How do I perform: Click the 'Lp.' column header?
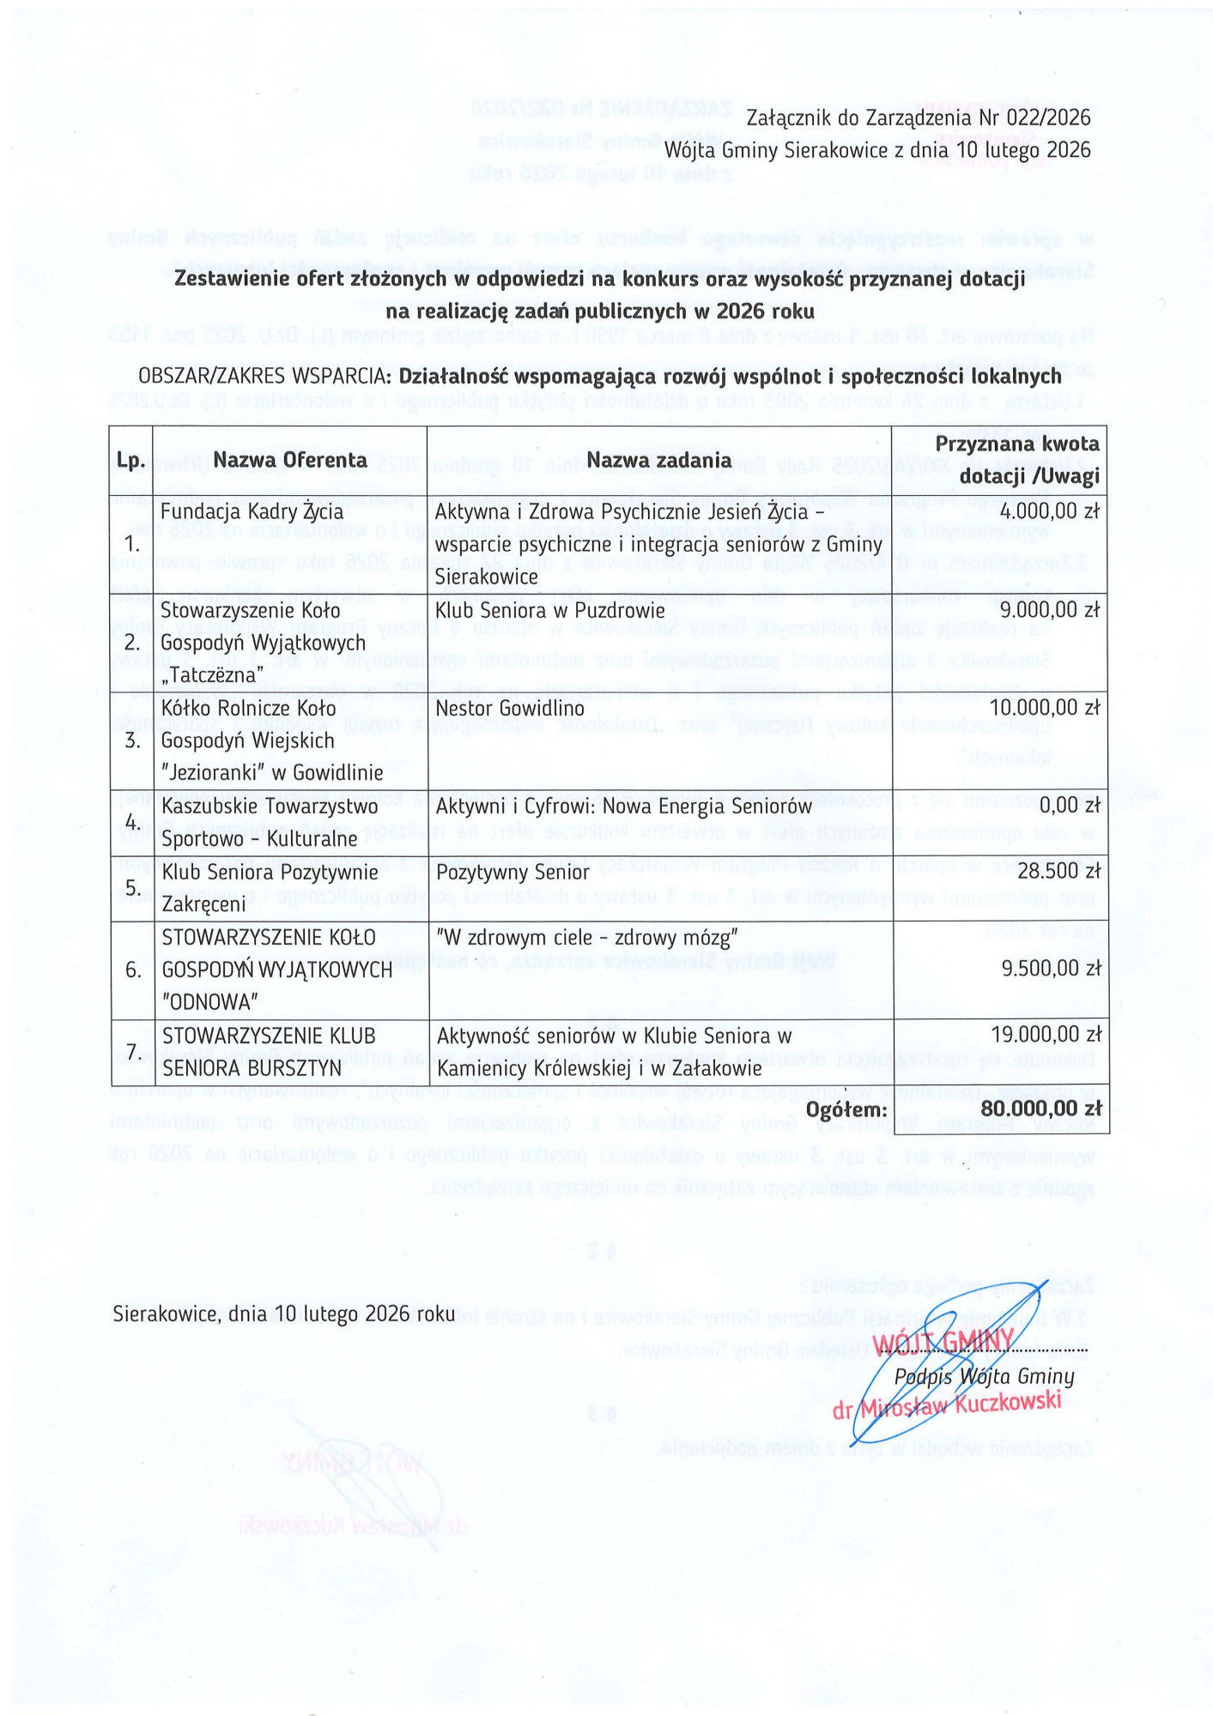click(x=130, y=461)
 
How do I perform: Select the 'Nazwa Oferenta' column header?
click(x=290, y=461)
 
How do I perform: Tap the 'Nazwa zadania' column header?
click(x=658, y=461)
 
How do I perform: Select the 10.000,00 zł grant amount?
click(x=1045, y=708)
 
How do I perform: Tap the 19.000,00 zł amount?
click(x=1045, y=1036)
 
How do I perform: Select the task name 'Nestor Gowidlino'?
click(x=510, y=708)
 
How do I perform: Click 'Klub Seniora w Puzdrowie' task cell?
click(x=550, y=610)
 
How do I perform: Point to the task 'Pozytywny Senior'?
click(x=512, y=872)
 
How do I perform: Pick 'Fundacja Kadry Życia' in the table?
click(x=252, y=512)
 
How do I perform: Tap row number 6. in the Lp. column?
click(x=133, y=970)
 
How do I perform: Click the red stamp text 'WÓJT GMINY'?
click(x=943, y=1342)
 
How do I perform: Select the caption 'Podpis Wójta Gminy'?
click(x=984, y=1377)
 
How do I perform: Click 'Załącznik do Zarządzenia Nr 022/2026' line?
click(x=918, y=118)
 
